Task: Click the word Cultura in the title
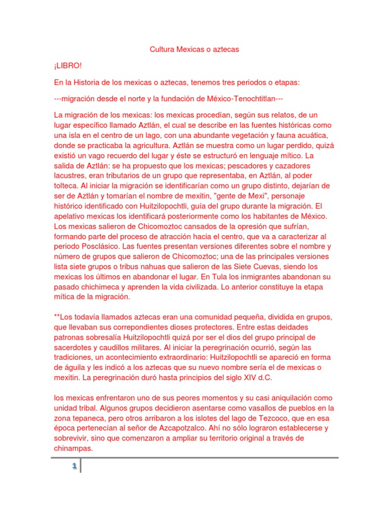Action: [x=162, y=50]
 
